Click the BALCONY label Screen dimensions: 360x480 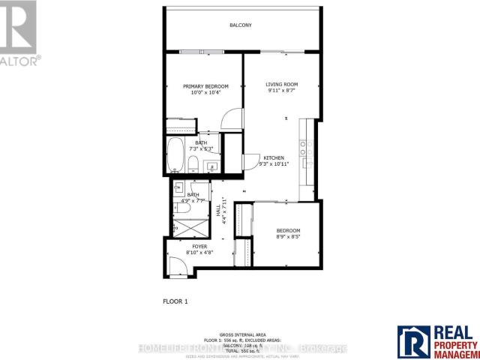[x=240, y=25]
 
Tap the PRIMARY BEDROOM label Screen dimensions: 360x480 [x=205, y=86]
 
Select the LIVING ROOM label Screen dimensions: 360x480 [x=283, y=84]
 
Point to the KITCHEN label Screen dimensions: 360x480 [x=274, y=157]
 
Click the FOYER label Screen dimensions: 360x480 [x=199, y=246]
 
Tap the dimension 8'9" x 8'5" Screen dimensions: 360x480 [x=288, y=237]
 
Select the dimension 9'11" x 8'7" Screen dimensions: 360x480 [x=283, y=91]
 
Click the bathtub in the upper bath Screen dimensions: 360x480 [x=175, y=156]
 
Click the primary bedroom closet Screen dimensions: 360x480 [x=179, y=123]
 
